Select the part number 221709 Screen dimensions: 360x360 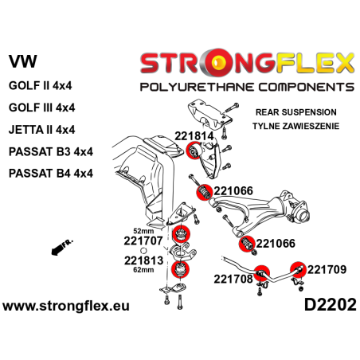tap(327, 268)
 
